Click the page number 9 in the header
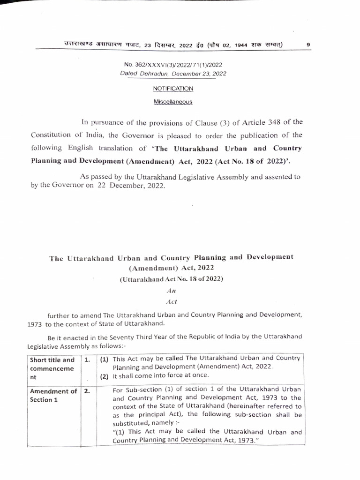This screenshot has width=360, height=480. pyautogui.click(x=308, y=45)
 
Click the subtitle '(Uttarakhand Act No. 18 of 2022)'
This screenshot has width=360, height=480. pyautogui.click(x=171, y=279)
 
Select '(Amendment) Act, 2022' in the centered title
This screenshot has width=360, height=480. pyautogui.click(x=171, y=268)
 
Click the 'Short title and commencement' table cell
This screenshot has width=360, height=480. pyautogui.click(x=52, y=368)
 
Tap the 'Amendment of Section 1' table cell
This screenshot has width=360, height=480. pyautogui.click(x=53, y=396)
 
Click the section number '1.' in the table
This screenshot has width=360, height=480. pyautogui.click(x=87, y=360)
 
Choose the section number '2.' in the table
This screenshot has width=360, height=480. pyautogui.click(x=87, y=391)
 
